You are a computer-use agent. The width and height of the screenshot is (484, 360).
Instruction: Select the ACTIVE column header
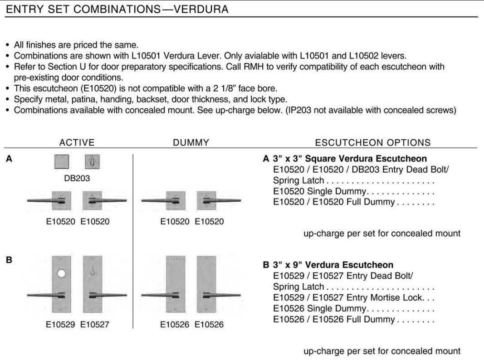[x=77, y=142]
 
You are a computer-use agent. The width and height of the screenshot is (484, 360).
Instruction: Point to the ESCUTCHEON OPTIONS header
[x=372, y=142]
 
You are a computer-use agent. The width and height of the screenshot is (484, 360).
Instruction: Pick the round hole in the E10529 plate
[x=62, y=275]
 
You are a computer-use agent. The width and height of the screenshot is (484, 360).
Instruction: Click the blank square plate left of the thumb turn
[x=62, y=162]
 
